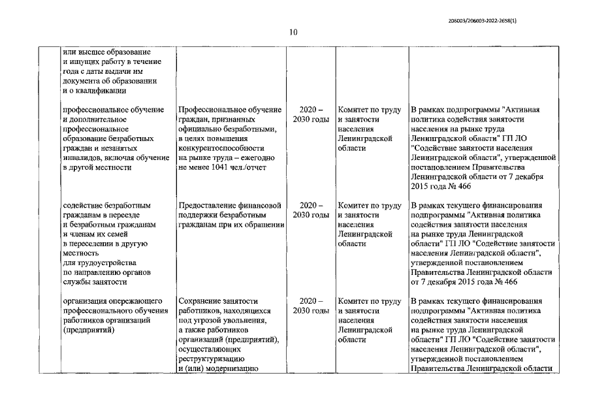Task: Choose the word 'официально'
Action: [x=200, y=129]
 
